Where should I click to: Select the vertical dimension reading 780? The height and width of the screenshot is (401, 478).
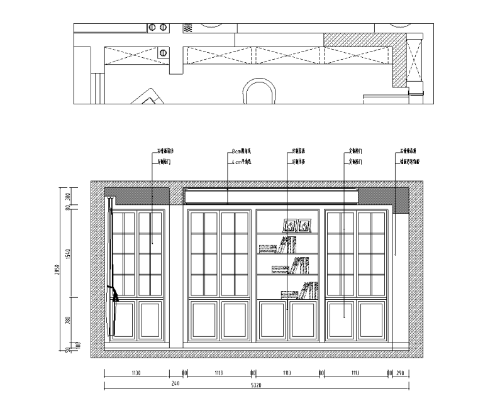point(67,321)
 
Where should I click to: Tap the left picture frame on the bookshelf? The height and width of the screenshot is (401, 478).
point(290,225)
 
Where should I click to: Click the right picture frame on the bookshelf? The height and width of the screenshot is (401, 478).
point(306,225)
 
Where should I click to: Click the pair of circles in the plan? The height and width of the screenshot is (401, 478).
point(158,28)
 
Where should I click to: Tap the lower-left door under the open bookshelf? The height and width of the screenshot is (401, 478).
point(272,321)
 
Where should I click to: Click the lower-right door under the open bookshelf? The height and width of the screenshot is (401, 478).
point(304,321)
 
